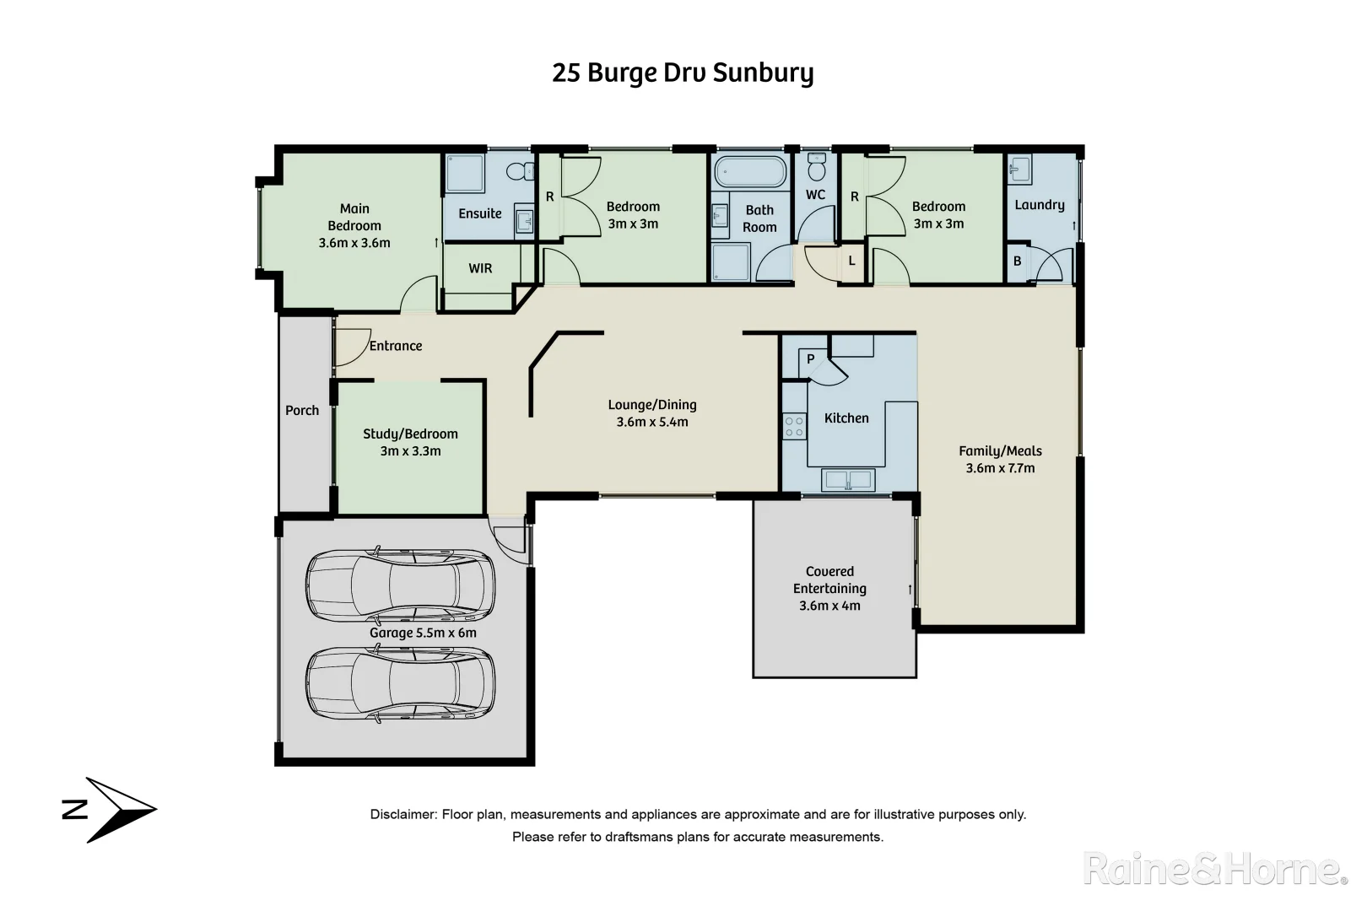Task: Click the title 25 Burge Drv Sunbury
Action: (x=683, y=73)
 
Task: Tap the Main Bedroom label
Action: (x=354, y=217)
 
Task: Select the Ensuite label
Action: (x=479, y=213)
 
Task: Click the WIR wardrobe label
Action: (x=480, y=268)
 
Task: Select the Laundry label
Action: (x=1039, y=205)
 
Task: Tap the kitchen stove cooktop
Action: (x=794, y=425)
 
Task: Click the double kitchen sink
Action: (x=849, y=480)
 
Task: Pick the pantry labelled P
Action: (x=810, y=359)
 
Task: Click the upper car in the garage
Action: (x=400, y=585)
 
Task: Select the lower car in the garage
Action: (x=400, y=683)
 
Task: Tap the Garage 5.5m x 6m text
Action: (x=423, y=633)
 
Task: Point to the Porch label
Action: (x=302, y=411)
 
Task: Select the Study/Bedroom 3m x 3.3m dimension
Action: (x=410, y=451)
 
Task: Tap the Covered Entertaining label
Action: (x=829, y=580)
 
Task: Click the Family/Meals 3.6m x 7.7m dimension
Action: (x=1000, y=468)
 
